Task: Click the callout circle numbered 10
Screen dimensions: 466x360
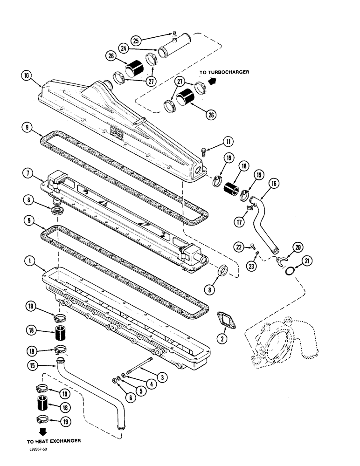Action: coord(27,75)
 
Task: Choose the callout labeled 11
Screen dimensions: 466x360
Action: coord(228,141)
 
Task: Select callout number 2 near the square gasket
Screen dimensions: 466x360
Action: coord(222,339)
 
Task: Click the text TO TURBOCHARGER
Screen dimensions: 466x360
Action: coord(224,72)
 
